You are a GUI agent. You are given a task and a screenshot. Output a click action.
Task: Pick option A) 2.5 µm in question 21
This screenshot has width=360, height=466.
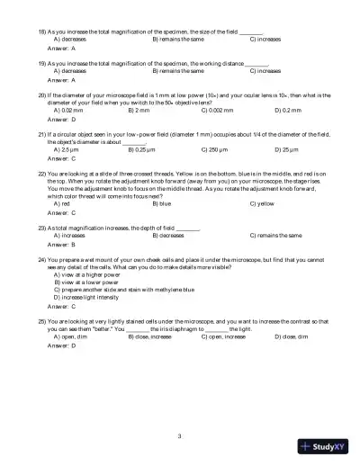coord(68,150)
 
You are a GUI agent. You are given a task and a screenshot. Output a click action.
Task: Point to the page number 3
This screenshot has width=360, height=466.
coord(180,436)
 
